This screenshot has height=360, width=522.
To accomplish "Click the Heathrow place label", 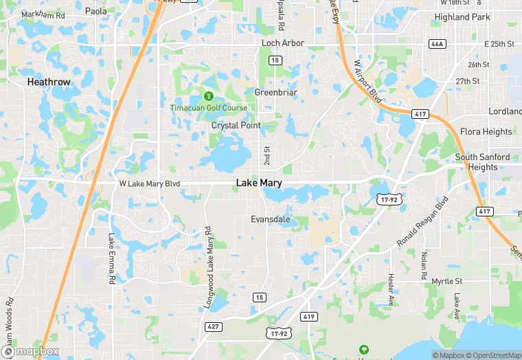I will pyautogui.click(x=49, y=82).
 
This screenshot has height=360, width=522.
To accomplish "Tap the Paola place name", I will pyautogui.click(x=96, y=11).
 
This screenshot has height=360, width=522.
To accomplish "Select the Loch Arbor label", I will pyautogui.click(x=283, y=43).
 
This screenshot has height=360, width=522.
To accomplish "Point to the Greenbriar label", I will pyautogui.click(x=275, y=92).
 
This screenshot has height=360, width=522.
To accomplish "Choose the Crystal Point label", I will pyautogui.click(x=236, y=126).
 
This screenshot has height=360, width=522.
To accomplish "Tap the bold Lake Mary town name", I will pyautogui.click(x=259, y=183).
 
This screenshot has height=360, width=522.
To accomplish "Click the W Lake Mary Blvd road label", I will pyautogui.click(x=149, y=184).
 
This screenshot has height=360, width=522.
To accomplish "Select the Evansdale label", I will pyautogui.click(x=270, y=220).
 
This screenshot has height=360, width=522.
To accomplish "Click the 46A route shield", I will pyautogui.click(x=437, y=44).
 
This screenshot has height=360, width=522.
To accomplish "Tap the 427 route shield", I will pyautogui.click(x=214, y=326).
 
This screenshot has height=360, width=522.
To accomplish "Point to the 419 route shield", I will pyautogui.click(x=309, y=317).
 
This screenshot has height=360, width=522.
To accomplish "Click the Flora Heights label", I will pyautogui.click(x=486, y=132).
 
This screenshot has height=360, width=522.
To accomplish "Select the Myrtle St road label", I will pyautogui.click(x=447, y=282).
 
